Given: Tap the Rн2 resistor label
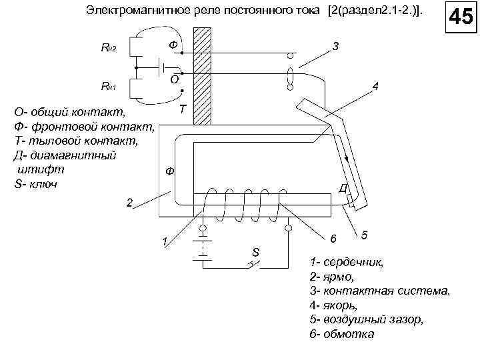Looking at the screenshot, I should [x=109, y=49].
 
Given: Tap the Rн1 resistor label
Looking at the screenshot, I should [x=109, y=86].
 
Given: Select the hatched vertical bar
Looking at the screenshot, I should [x=201, y=76].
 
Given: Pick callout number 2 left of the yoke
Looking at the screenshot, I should [x=130, y=201].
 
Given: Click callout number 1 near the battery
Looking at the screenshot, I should [x=160, y=241].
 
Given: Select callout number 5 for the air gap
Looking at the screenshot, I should [x=364, y=235].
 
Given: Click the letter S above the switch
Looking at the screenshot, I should [x=255, y=252].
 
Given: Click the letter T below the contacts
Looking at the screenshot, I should [x=182, y=108].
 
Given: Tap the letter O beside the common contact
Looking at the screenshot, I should [x=174, y=79].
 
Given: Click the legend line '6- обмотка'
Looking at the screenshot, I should [x=343, y=334].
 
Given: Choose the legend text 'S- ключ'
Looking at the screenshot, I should [x=35, y=183].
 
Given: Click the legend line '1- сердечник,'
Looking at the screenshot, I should [x=347, y=262].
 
